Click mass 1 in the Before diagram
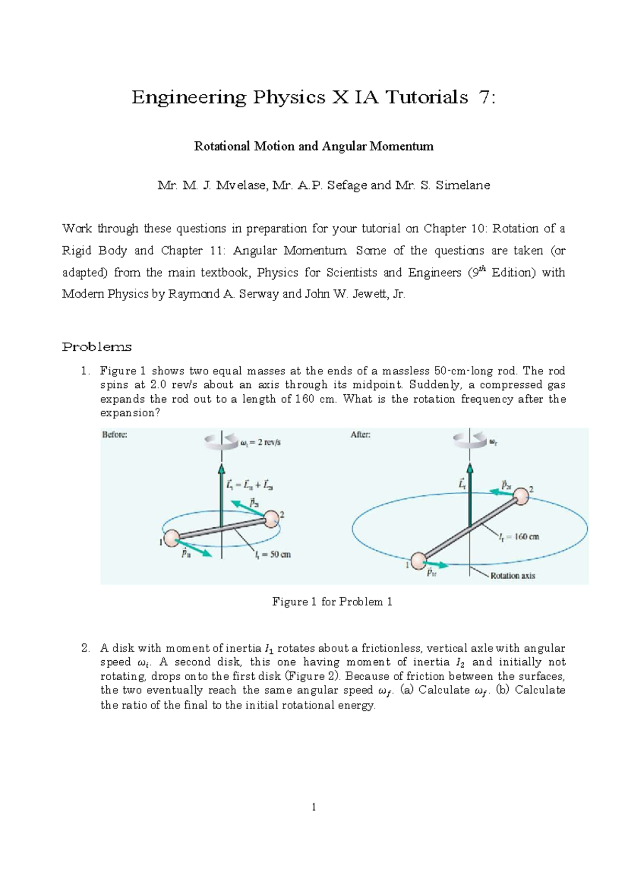point(172,538)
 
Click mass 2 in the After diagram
point(520,496)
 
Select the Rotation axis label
point(512,575)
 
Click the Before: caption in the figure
point(115,435)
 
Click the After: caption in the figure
point(361,435)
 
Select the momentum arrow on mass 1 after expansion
point(437,565)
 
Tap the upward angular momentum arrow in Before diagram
point(221,476)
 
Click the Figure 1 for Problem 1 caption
point(332,602)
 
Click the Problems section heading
point(97,347)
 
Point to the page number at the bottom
point(313,807)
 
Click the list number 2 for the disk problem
point(85,648)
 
